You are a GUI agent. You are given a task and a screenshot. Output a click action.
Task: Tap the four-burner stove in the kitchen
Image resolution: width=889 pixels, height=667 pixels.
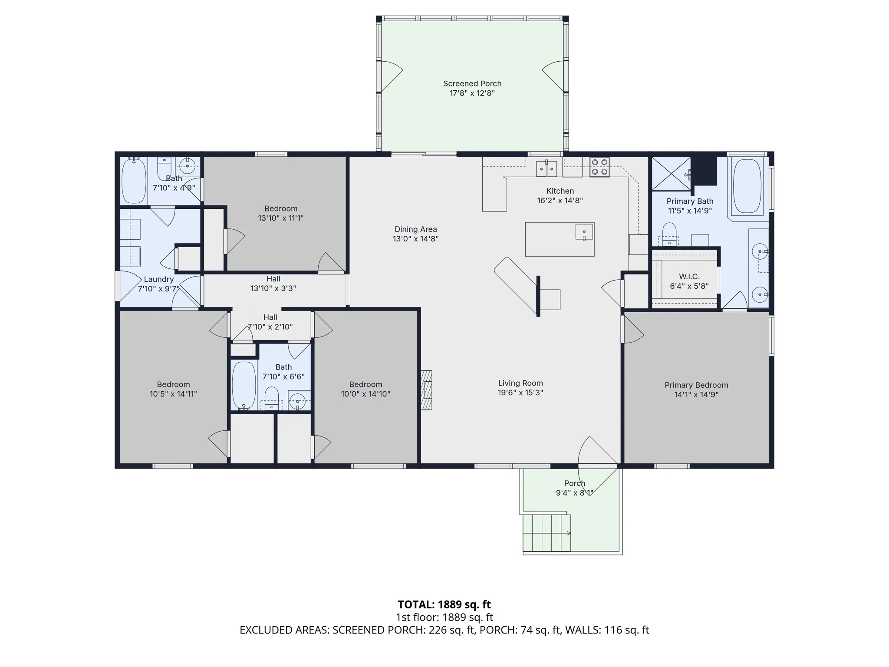[599, 167]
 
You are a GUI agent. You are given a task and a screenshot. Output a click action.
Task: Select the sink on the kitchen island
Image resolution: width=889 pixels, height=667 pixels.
[584, 232]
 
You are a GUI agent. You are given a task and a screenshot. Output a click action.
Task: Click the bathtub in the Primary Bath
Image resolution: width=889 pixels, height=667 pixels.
[747, 186]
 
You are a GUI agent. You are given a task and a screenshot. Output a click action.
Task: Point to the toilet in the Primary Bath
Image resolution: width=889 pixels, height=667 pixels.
[669, 234]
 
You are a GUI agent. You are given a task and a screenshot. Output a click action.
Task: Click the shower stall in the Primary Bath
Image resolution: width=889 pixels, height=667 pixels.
[671, 173]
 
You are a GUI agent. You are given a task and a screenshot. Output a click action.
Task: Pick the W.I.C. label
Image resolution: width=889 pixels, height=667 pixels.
[689, 277]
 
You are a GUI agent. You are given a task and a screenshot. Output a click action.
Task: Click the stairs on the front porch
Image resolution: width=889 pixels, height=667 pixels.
[547, 533]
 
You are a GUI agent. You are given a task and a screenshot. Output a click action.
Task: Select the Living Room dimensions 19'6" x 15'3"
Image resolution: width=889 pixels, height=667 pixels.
[520, 393]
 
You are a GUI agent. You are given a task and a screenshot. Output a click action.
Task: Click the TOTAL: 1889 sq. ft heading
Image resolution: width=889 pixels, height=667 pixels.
[444, 604]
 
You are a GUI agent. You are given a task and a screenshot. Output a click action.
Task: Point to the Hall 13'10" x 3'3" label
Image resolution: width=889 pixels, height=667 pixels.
[273, 284]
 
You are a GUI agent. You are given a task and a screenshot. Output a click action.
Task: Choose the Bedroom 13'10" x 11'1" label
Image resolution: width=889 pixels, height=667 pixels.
[281, 213]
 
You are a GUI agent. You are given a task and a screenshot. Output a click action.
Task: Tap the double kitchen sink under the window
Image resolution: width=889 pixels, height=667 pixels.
[547, 168]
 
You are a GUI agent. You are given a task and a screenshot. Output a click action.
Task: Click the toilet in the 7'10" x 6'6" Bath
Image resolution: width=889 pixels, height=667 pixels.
[272, 398]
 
